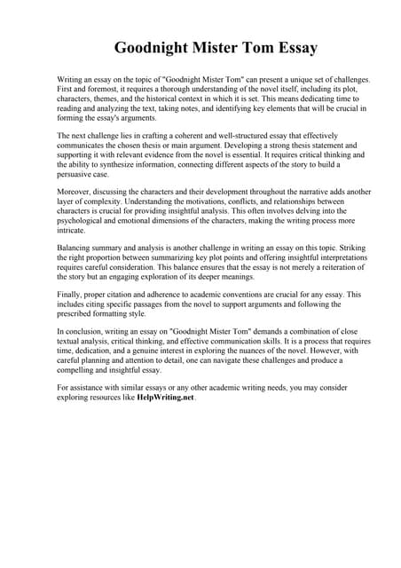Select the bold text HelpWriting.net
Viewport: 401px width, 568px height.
tap(165, 398)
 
